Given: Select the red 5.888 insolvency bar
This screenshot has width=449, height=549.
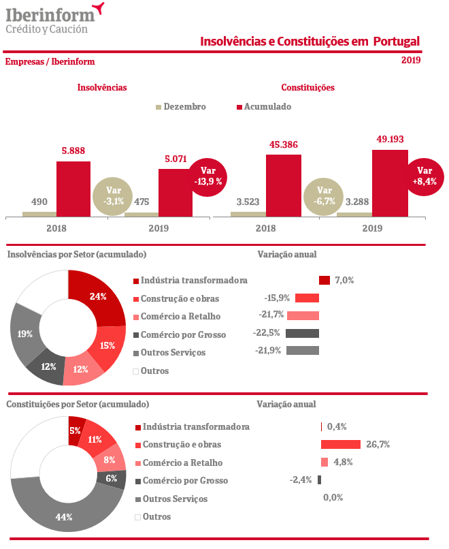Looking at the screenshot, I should (x=73, y=189).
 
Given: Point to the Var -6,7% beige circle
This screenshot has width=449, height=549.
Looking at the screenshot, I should (x=325, y=196).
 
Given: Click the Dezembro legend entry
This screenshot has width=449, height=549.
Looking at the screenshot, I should (x=180, y=107).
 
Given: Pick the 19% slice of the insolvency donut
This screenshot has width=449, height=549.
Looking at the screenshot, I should (x=24, y=334).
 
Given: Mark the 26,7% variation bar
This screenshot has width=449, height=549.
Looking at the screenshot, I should (x=340, y=445).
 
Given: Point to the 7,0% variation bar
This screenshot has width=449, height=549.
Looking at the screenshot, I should (x=325, y=280).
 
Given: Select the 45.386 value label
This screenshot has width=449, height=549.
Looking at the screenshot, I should (x=283, y=145).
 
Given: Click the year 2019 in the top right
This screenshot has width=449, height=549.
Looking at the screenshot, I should (x=411, y=60).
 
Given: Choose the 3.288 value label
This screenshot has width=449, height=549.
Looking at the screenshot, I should (x=357, y=202).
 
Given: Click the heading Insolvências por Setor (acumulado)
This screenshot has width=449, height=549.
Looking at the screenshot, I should (x=77, y=255).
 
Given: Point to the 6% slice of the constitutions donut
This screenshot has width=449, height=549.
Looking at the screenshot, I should (x=112, y=478).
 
